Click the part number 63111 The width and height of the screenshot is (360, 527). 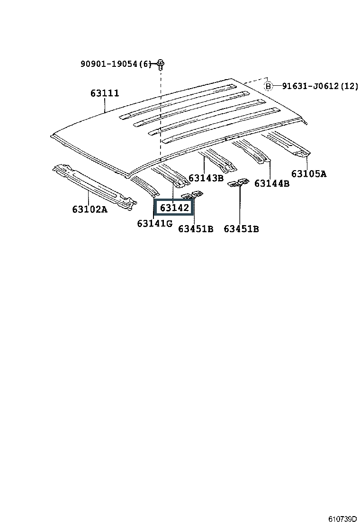click(105, 93)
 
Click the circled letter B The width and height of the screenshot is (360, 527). click(269, 86)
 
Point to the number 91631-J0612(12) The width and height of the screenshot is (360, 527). click(320, 86)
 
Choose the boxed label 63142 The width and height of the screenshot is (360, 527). click(174, 208)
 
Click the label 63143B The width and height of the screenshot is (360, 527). click(206, 178)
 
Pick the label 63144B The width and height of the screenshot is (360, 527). click(271, 183)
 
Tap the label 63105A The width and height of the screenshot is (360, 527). click(308, 173)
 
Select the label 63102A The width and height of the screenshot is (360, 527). click(90, 209)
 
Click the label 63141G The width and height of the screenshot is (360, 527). click(154, 223)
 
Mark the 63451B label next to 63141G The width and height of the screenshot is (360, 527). click(196, 229)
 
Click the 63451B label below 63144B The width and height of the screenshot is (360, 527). click(241, 229)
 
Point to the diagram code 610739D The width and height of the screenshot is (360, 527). click(343, 519)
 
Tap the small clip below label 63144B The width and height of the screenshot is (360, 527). click(239, 183)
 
